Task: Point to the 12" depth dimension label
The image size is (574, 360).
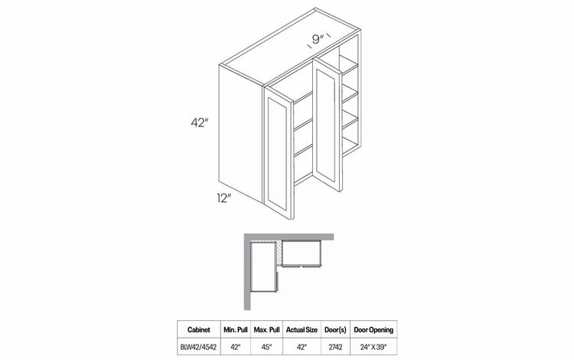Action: [x=223, y=198]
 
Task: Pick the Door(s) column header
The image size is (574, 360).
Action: [x=334, y=330]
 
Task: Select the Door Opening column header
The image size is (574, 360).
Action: [x=373, y=330]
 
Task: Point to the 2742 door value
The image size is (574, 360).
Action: [x=334, y=347]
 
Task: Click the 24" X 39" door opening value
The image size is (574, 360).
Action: [x=373, y=347]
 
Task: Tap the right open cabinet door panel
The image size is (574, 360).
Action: [x=329, y=126]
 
